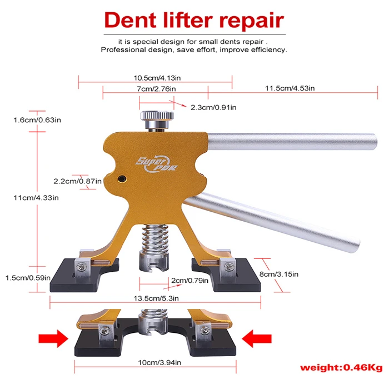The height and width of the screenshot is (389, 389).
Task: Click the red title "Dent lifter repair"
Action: coord(194,20)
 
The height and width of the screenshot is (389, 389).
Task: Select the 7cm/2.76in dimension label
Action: coord(156,89)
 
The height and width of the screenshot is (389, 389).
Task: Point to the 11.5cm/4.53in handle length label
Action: coord(290,88)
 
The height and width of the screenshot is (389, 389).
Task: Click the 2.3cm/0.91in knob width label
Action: coord(213,107)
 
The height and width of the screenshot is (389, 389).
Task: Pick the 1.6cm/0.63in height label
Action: coord(37,119)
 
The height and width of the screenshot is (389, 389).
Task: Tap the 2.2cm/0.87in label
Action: coord(77,181)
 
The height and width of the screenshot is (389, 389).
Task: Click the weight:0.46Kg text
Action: coord(342,367)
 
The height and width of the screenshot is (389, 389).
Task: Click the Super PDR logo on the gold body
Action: coord(151,164)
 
